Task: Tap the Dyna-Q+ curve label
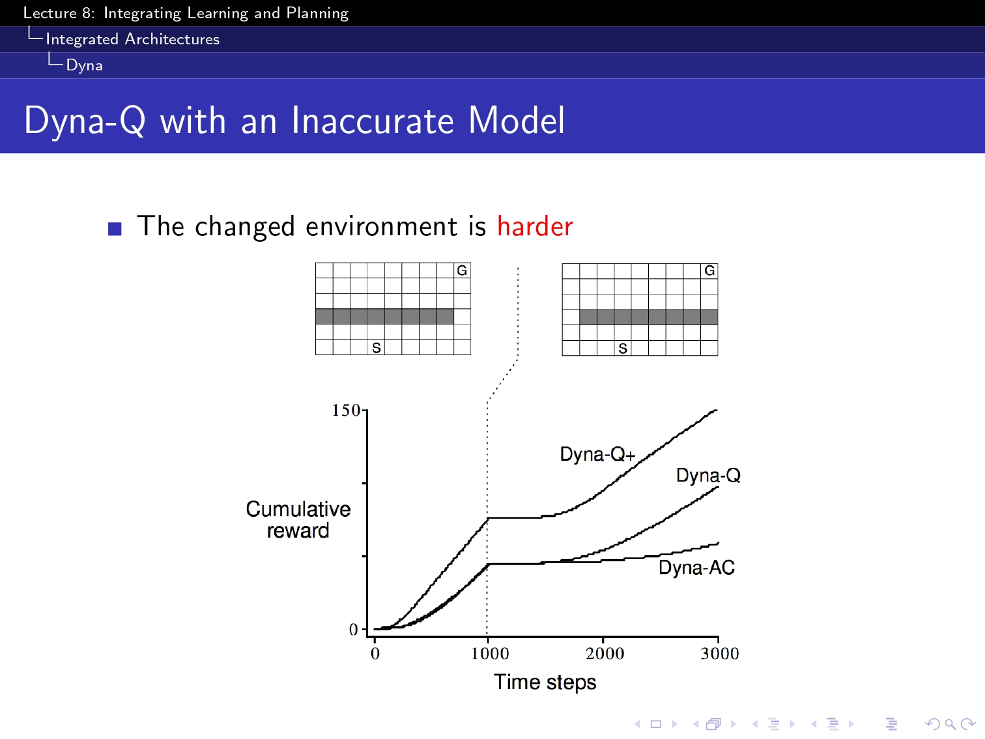pos(598,454)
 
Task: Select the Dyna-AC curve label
pos(696,568)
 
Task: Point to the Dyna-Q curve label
pos(708,475)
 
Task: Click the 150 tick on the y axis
pos(346,410)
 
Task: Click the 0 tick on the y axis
pos(354,630)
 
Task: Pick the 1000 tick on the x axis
pos(490,653)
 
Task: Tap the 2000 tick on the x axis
pos(605,653)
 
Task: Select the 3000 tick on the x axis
pos(720,653)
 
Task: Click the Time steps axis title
pos(545,682)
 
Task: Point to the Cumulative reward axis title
pos(298,519)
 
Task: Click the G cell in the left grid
pos(463,270)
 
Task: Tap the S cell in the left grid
pos(376,347)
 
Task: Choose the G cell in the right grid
pos(709,271)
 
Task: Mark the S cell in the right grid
pos(623,348)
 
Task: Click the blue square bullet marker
pos(115,229)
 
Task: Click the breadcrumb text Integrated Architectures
pos(133,39)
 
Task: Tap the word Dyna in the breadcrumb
pos(85,65)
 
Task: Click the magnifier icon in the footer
pos(950,724)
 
